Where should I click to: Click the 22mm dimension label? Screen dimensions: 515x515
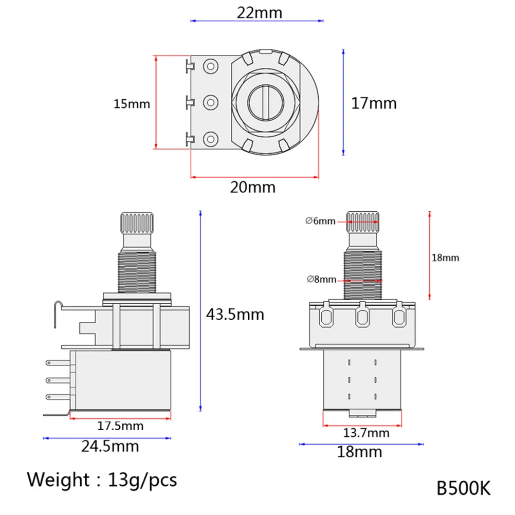point(259,12)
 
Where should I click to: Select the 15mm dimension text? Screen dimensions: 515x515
point(132,104)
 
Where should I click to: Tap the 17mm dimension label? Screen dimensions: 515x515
point(374,103)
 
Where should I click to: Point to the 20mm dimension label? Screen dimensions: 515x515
point(252,187)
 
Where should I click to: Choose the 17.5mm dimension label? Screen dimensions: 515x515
point(121,426)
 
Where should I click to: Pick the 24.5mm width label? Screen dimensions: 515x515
point(110,446)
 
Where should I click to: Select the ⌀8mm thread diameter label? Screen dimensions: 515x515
point(321,280)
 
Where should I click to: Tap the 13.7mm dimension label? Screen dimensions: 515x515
point(366,433)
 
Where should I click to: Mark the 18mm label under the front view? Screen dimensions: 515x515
point(360,452)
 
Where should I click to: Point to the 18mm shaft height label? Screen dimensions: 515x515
point(445,257)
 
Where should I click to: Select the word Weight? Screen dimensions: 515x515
point(59,480)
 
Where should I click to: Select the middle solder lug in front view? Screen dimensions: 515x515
point(362,317)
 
